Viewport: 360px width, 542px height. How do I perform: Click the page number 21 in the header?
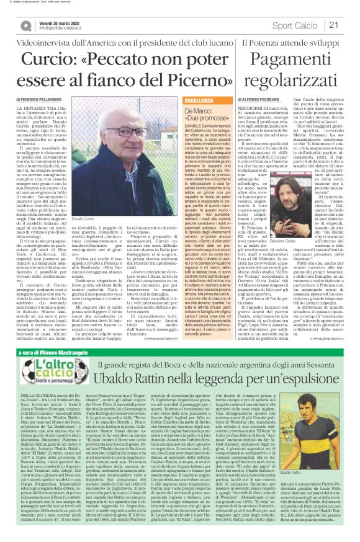click(x=333, y=24)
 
